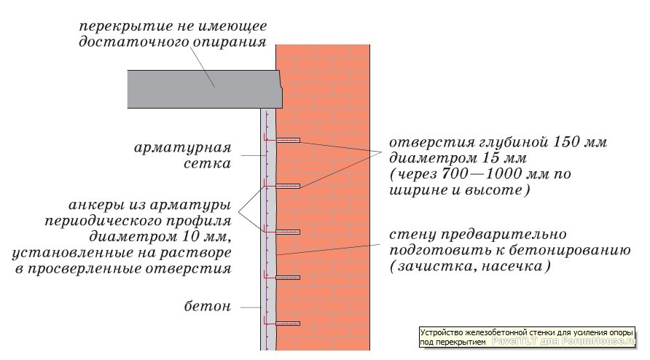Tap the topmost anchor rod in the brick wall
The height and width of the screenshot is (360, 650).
(288, 140)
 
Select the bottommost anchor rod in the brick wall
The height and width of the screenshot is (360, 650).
(288, 323)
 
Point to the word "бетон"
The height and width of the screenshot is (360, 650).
(207, 307)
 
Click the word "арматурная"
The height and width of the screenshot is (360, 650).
(182, 148)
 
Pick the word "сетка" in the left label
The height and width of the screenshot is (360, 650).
(207, 163)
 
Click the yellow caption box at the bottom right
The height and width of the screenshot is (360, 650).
(528, 337)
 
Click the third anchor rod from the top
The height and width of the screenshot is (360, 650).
(288, 232)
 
